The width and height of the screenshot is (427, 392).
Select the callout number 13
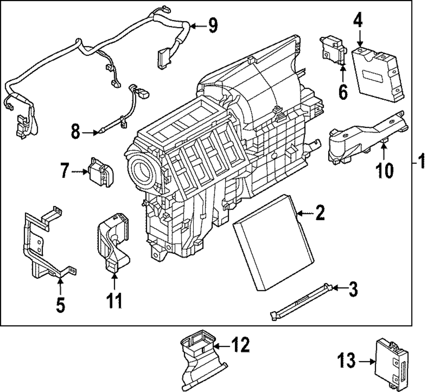point(347,361)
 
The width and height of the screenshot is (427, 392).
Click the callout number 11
point(114,300)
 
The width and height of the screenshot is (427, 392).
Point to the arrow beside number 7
point(80,172)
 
